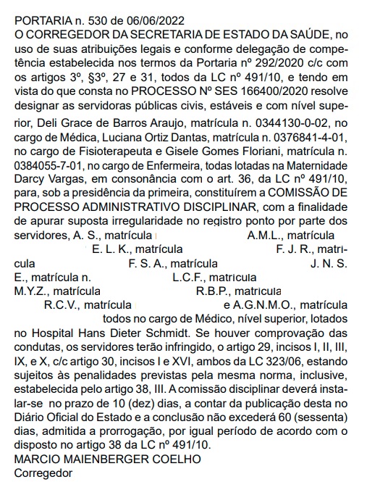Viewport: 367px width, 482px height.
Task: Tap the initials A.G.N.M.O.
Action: click(x=265, y=306)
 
